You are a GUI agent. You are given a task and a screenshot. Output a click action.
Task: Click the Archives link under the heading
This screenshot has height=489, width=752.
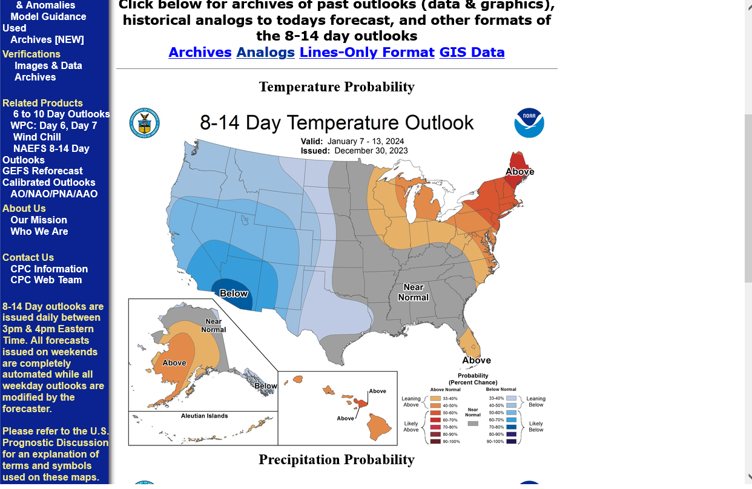200,52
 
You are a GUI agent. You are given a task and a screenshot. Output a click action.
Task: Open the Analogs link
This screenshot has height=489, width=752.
265,52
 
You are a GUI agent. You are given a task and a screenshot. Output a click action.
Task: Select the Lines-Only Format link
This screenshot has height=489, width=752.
367,52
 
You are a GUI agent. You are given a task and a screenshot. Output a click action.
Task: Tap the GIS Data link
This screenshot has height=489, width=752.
472,52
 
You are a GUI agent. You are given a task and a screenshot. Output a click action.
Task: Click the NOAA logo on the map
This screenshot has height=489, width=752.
529,123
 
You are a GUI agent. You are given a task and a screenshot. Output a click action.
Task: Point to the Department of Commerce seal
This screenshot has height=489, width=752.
144,123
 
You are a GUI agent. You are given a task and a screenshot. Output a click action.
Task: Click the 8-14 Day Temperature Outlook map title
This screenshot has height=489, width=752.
337,123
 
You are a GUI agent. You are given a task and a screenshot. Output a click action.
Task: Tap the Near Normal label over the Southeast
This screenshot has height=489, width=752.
414,292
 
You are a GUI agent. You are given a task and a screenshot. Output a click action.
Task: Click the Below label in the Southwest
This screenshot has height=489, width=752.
234,294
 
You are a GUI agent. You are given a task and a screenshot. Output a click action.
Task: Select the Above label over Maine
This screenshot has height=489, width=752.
519,171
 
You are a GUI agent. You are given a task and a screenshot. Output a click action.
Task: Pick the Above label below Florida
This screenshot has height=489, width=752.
477,360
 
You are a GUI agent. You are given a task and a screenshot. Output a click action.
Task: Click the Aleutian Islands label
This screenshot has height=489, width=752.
205,416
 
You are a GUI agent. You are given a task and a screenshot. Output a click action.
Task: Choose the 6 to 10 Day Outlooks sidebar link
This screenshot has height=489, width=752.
61,114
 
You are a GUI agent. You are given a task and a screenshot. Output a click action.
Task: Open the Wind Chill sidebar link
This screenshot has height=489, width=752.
37,137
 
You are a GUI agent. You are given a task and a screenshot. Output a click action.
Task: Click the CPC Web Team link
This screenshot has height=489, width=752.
46,280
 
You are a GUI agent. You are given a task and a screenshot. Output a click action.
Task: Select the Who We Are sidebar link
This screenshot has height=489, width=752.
39,231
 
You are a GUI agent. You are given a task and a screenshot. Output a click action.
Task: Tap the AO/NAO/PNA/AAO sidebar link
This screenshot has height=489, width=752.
54,194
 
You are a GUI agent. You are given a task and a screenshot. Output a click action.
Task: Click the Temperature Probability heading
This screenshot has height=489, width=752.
337,87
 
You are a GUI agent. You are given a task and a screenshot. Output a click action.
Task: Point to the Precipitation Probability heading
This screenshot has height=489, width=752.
337,459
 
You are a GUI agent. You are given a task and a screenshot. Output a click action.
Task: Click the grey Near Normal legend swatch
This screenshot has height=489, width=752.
473,423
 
